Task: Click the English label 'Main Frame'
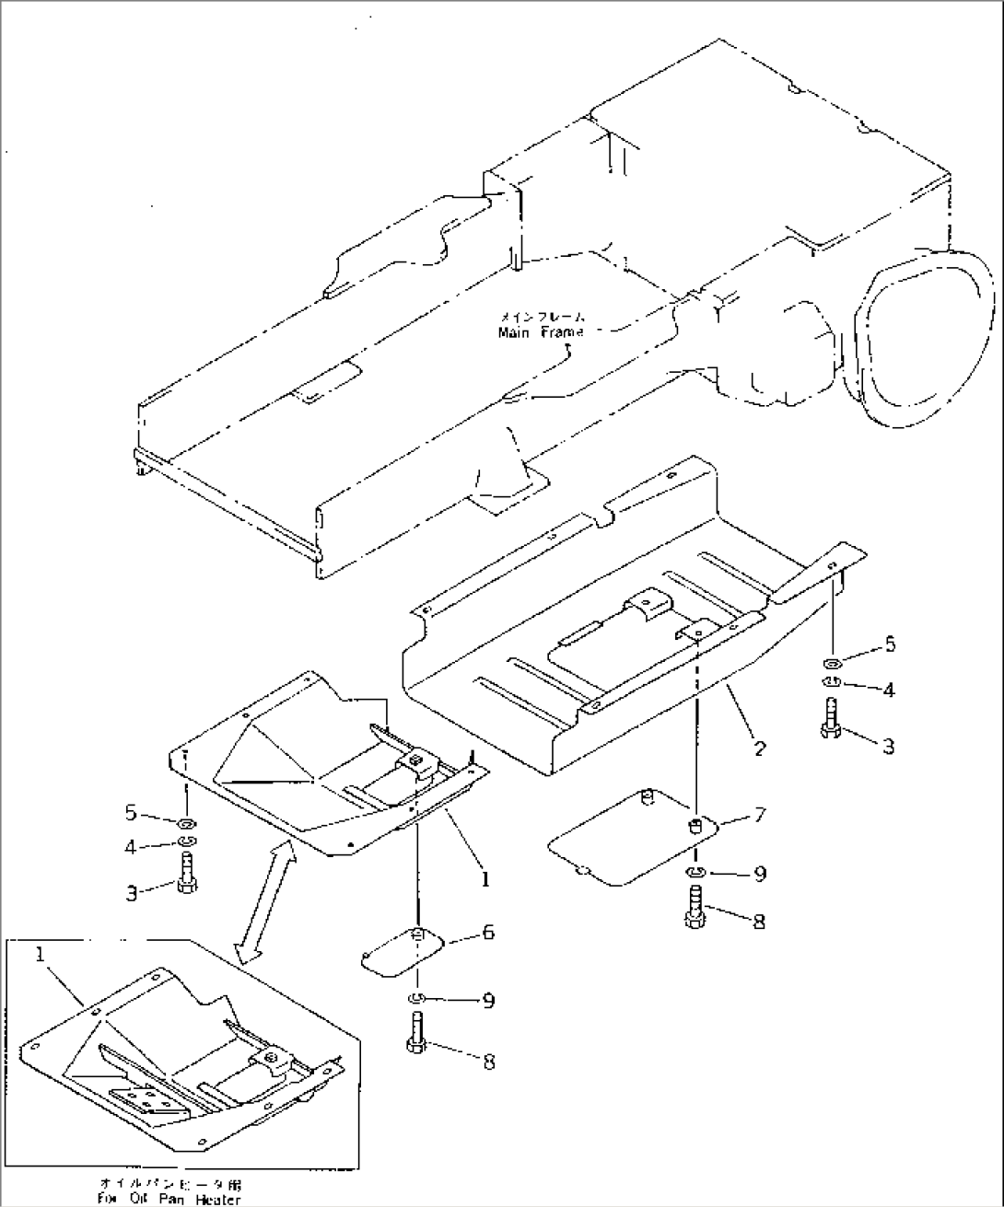(541, 332)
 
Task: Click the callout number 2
(759, 748)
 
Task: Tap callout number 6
(487, 933)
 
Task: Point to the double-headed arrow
(266, 906)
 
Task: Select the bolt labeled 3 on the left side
(185, 872)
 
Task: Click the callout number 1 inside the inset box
(41, 957)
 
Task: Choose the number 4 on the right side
(888, 689)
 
